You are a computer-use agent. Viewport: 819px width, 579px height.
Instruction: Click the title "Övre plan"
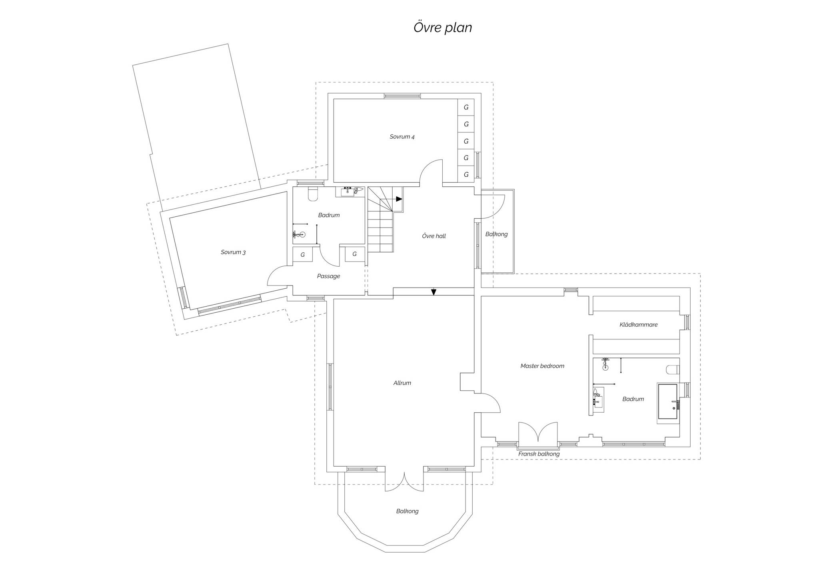coord(443,27)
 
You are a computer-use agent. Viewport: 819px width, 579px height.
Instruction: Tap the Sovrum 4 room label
coord(402,137)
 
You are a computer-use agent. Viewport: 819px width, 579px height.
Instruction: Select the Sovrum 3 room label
coord(233,252)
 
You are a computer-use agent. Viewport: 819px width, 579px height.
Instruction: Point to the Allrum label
coord(402,383)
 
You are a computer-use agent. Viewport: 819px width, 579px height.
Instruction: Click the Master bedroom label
coord(542,366)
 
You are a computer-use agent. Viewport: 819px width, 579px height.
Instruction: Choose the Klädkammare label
coord(639,325)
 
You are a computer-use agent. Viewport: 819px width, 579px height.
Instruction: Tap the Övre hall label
coord(434,236)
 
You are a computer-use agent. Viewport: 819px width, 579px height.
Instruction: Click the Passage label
coord(328,276)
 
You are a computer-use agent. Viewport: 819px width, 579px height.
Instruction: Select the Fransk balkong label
coord(539,454)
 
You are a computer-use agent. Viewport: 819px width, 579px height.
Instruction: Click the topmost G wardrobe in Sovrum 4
coord(466,107)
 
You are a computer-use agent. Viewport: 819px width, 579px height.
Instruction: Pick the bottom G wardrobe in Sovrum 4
coord(466,174)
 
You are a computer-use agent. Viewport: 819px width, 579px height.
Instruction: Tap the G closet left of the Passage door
coord(303,254)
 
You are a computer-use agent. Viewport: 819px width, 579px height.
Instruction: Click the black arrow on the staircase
coord(399,199)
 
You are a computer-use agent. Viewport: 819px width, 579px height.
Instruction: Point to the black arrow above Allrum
coord(433,292)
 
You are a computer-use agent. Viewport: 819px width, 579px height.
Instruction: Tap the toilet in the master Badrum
coord(673,370)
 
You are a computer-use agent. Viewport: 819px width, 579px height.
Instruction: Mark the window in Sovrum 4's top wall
coord(402,96)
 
